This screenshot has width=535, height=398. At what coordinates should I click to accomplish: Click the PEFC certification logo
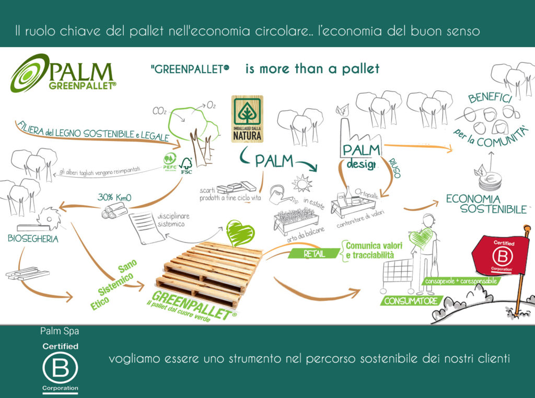[x=169, y=159]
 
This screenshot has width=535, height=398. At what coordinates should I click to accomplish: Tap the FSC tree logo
[x=187, y=163]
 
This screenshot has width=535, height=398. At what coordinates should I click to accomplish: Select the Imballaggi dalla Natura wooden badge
[x=247, y=119]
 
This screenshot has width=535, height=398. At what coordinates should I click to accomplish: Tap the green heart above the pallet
[x=240, y=233]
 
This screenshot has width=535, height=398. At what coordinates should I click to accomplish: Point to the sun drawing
[x=301, y=184]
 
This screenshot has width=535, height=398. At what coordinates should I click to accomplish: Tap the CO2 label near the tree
[x=159, y=111]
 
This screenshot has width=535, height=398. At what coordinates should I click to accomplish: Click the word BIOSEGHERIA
[x=33, y=239]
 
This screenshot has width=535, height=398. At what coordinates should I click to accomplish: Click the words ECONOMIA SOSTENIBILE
[x=486, y=204]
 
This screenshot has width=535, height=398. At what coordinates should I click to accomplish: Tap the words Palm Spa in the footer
[x=60, y=331]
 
